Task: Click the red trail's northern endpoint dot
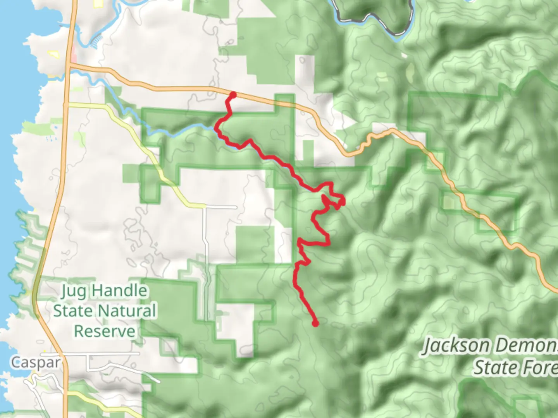coord(233,94)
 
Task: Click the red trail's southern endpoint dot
coord(315,323)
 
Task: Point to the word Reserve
coord(105,331)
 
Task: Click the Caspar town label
coord(35,363)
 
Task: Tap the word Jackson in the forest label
coord(455,346)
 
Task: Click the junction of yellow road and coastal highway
coord(66,104)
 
